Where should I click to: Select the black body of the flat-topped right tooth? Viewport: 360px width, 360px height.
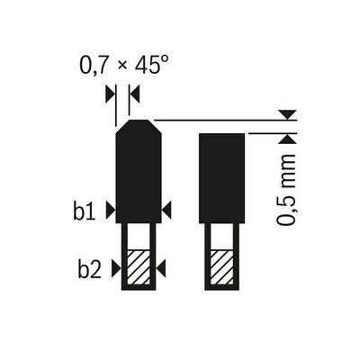220,176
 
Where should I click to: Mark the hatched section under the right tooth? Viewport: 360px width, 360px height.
220,267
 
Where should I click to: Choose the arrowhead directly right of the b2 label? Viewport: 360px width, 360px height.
117,267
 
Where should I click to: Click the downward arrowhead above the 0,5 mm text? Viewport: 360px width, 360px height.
286,114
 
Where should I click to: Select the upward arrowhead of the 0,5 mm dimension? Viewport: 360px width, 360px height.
286,138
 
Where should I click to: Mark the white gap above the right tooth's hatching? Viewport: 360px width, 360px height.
220,237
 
